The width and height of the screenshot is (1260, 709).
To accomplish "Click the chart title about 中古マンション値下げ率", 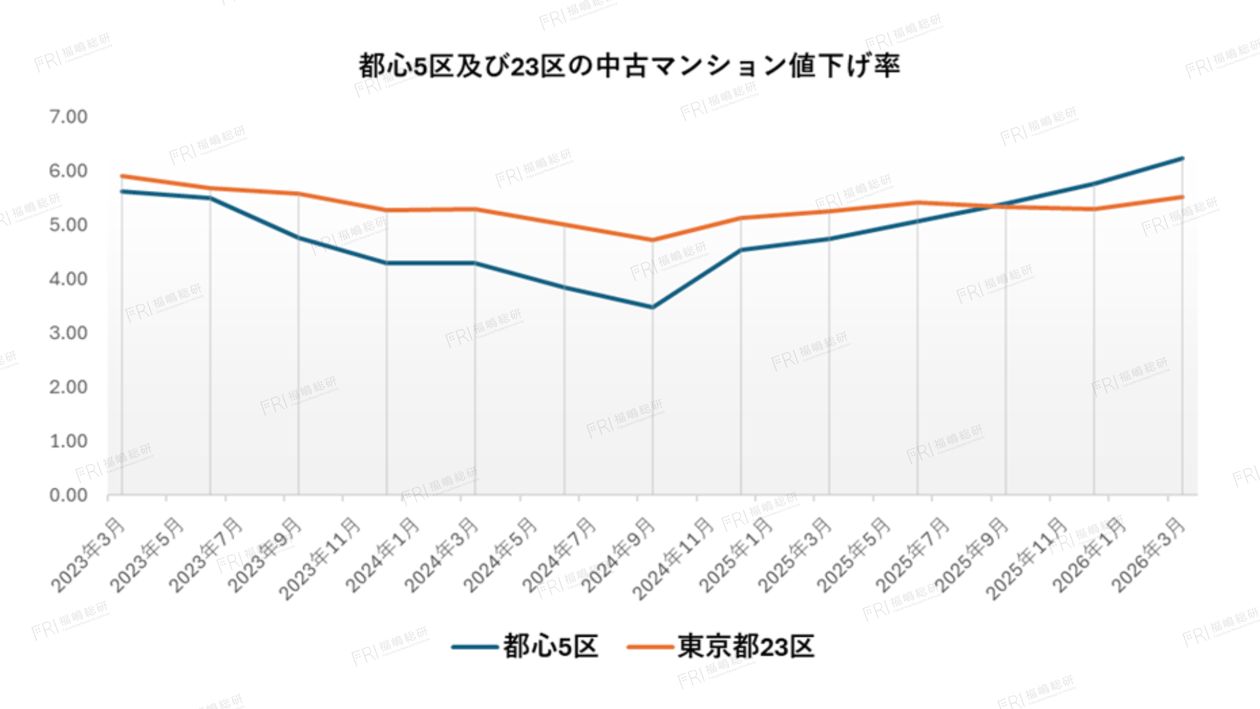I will coord(629,66).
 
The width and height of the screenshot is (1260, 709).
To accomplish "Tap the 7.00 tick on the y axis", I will coord(68,117).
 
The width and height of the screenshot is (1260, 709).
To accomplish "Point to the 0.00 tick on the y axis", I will coord(68,495).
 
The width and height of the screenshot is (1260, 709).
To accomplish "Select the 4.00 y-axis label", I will coord(68,279).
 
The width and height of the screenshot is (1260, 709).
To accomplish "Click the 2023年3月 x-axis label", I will coord(89,554).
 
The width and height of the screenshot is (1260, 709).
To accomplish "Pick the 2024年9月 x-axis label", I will coord(619,554).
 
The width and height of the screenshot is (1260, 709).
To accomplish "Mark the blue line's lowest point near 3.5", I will coord(652,307).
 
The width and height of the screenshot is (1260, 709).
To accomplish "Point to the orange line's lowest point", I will coord(652,240).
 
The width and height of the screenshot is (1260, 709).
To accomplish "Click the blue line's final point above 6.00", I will coord(1182,158).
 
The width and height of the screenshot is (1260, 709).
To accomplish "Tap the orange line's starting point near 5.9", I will coord(122,176).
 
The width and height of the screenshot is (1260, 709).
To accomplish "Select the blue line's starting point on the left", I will coord(122,191).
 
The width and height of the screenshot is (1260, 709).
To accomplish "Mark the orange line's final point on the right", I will coord(1182,197).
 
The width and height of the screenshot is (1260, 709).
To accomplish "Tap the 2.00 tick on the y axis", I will coord(68,387).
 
